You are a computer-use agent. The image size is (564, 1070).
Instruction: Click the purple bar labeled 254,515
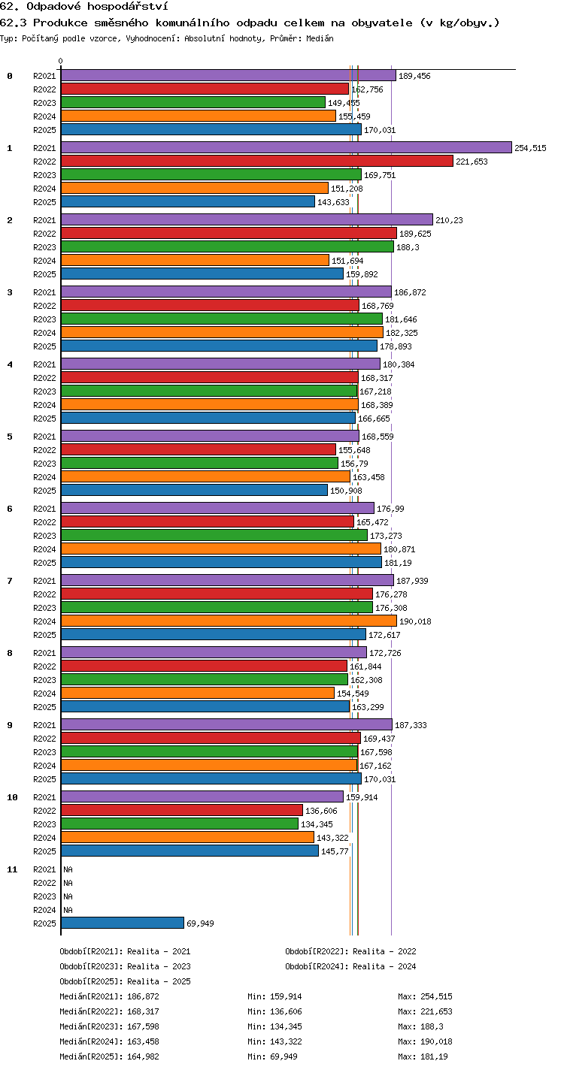(x=287, y=147)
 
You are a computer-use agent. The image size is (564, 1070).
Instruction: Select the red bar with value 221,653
(x=257, y=161)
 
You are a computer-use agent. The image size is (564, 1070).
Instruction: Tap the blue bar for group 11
(x=123, y=923)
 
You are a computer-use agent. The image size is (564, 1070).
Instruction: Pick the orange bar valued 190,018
(x=229, y=621)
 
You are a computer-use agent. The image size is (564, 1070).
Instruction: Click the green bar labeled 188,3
(x=228, y=246)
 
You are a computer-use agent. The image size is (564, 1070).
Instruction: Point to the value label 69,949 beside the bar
(x=200, y=923)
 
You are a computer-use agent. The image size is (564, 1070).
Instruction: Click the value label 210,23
(x=449, y=220)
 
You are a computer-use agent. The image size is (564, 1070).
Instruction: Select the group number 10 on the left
(x=12, y=797)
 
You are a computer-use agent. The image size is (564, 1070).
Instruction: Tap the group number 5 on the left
(x=10, y=437)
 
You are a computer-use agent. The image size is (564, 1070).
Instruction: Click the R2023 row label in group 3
(x=44, y=319)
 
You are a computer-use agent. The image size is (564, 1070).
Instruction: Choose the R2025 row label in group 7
(x=44, y=635)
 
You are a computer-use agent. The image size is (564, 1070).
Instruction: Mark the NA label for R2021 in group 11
(x=68, y=869)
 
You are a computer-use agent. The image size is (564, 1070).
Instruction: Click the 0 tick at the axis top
(x=61, y=61)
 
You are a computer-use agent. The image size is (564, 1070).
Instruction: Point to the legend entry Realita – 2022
(x=384, y=951)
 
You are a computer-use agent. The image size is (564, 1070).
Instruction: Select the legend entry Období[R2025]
(x=91, y=981)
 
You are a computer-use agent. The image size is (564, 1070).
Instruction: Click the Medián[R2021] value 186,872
(x=143, y=996)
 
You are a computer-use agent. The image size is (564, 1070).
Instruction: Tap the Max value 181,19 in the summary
(x=434, y=1056)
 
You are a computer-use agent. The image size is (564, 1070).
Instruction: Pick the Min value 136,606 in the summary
(x=286, y=1011)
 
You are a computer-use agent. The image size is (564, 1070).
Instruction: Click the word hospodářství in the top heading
(x=128, y=7)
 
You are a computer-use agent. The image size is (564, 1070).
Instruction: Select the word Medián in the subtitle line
(x=320, y=38)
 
